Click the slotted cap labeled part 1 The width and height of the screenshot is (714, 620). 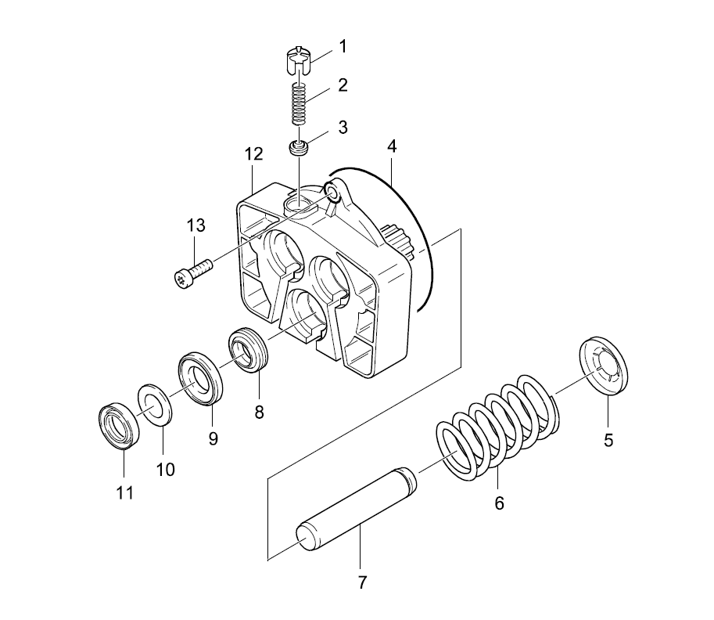click(298, 59)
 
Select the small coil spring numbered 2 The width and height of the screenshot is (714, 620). click(299, 103)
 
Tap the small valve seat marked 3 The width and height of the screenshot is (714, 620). click(299, 148)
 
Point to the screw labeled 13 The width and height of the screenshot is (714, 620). click(193, 272)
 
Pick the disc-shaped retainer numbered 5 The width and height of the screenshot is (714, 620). click(603, 366)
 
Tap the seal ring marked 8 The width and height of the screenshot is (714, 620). click(248, 349)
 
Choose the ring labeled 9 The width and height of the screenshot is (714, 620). click(199, 378)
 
